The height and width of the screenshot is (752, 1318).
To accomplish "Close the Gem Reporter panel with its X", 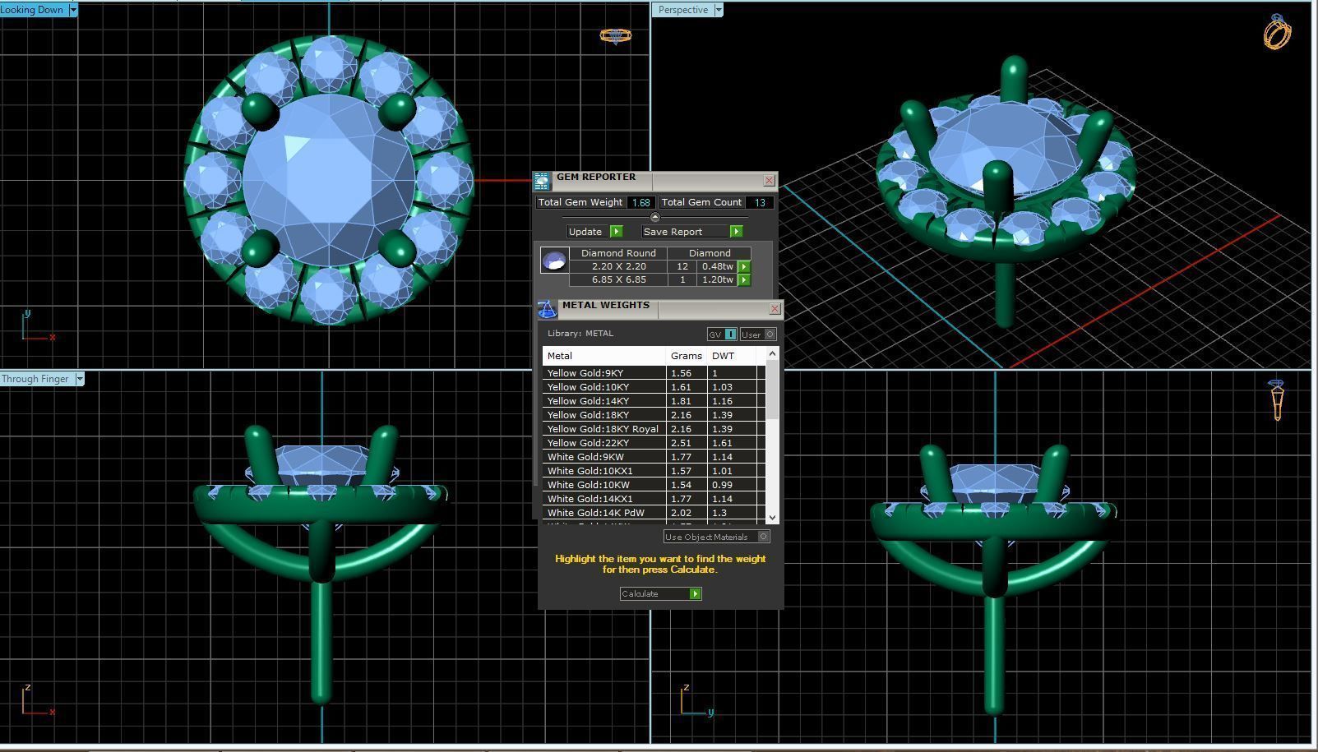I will click(x=769, y=180).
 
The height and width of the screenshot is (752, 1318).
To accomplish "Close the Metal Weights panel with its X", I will click(x=775, y=308).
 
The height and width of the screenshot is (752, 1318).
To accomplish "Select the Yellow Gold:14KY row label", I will click(x=588, y=401).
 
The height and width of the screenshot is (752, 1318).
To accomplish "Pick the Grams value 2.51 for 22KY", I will click(x=681, y=443).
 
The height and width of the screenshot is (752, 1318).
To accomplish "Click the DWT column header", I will click(x=724, y=356).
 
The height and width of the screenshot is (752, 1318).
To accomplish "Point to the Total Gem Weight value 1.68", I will click(x=641, y=202).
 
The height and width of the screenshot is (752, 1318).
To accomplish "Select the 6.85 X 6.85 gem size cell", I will click(x=618, y=279).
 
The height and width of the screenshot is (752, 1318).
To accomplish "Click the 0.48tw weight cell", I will click(x=717, y=266).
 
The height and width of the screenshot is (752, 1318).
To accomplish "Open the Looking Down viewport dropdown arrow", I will click(x=73, y=10).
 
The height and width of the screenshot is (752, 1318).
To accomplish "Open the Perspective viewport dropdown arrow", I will click(x=718, y=10).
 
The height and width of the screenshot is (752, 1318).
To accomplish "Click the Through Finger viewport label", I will click(x=35, y=379).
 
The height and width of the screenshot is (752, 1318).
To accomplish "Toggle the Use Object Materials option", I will click(x=763, y=537).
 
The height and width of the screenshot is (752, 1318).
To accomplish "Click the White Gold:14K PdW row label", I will click(x=595, y=513).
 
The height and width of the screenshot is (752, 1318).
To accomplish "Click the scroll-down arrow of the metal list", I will click(x=772, y=517).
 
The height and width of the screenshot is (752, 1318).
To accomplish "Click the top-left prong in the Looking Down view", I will click(x=261, y=109).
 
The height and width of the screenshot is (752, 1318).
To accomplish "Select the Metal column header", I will click(x=560, y=356).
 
